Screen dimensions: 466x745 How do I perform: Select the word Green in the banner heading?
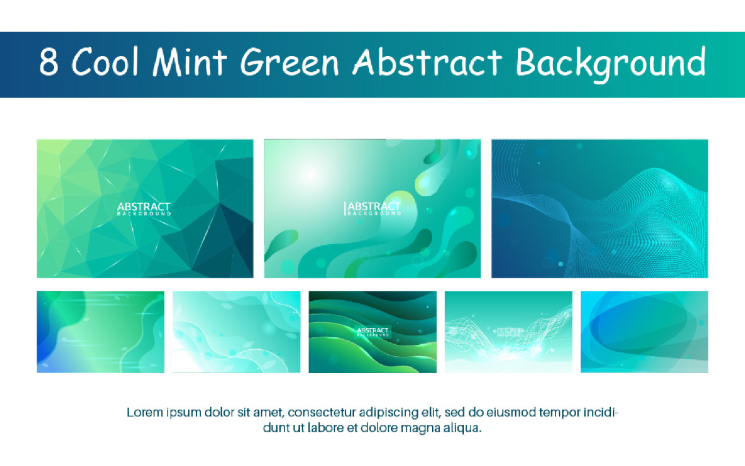pyautogui.click(x=290, y=63)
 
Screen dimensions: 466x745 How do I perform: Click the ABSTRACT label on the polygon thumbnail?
pyautogui.click(x=144, y=207)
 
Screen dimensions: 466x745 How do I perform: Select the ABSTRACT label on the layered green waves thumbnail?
pyautogui.click(x=373, y=331)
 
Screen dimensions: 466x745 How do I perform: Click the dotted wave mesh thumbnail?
pyautogui.click(x=599, y=208)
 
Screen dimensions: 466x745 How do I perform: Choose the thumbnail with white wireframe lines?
pyautogui.click(x=508, y=332)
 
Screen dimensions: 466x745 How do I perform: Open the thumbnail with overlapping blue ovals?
pyautogui.click(x=644, y=332)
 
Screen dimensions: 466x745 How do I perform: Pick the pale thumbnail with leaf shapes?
pyautogui.click(x=236, y=332)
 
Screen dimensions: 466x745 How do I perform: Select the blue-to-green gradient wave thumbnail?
pyautogui.click(x=101, y=332)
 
